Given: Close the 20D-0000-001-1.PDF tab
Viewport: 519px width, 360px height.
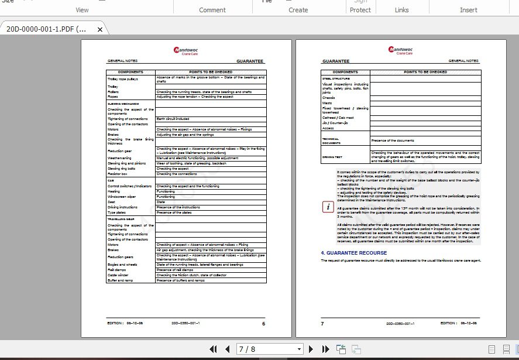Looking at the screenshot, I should [x=100, y=29].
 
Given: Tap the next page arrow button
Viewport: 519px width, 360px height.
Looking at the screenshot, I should [x=311, y=349].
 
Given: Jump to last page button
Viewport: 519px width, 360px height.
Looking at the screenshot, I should [x=326, y=349].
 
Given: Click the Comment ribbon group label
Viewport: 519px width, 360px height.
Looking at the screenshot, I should [x=212, y=10].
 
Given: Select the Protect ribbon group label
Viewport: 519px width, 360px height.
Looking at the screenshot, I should [x=360, y=10].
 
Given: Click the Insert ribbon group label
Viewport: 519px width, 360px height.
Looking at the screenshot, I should [x=469, y=10].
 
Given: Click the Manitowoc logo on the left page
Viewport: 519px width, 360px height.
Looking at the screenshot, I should [x=186, y=50].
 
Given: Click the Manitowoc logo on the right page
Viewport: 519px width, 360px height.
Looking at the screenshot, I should [x=401, y=50].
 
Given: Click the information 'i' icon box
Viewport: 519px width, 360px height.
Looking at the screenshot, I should [x=328, y=207].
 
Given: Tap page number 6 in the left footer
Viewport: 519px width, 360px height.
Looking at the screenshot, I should [x=263, y=323].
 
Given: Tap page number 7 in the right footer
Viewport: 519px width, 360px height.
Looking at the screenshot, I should [x=322, y=323].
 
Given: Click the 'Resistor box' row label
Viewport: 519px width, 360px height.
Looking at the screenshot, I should [x=117, y=174].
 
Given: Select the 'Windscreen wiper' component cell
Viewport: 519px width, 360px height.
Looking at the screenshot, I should [x=121, y=197].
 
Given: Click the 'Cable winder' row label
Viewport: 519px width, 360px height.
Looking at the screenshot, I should [x=118, y=275].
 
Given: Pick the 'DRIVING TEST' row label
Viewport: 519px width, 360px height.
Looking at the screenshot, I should [x=331, y=157].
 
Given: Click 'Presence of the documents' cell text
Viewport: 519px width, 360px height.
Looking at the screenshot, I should [x=393, y=140].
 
